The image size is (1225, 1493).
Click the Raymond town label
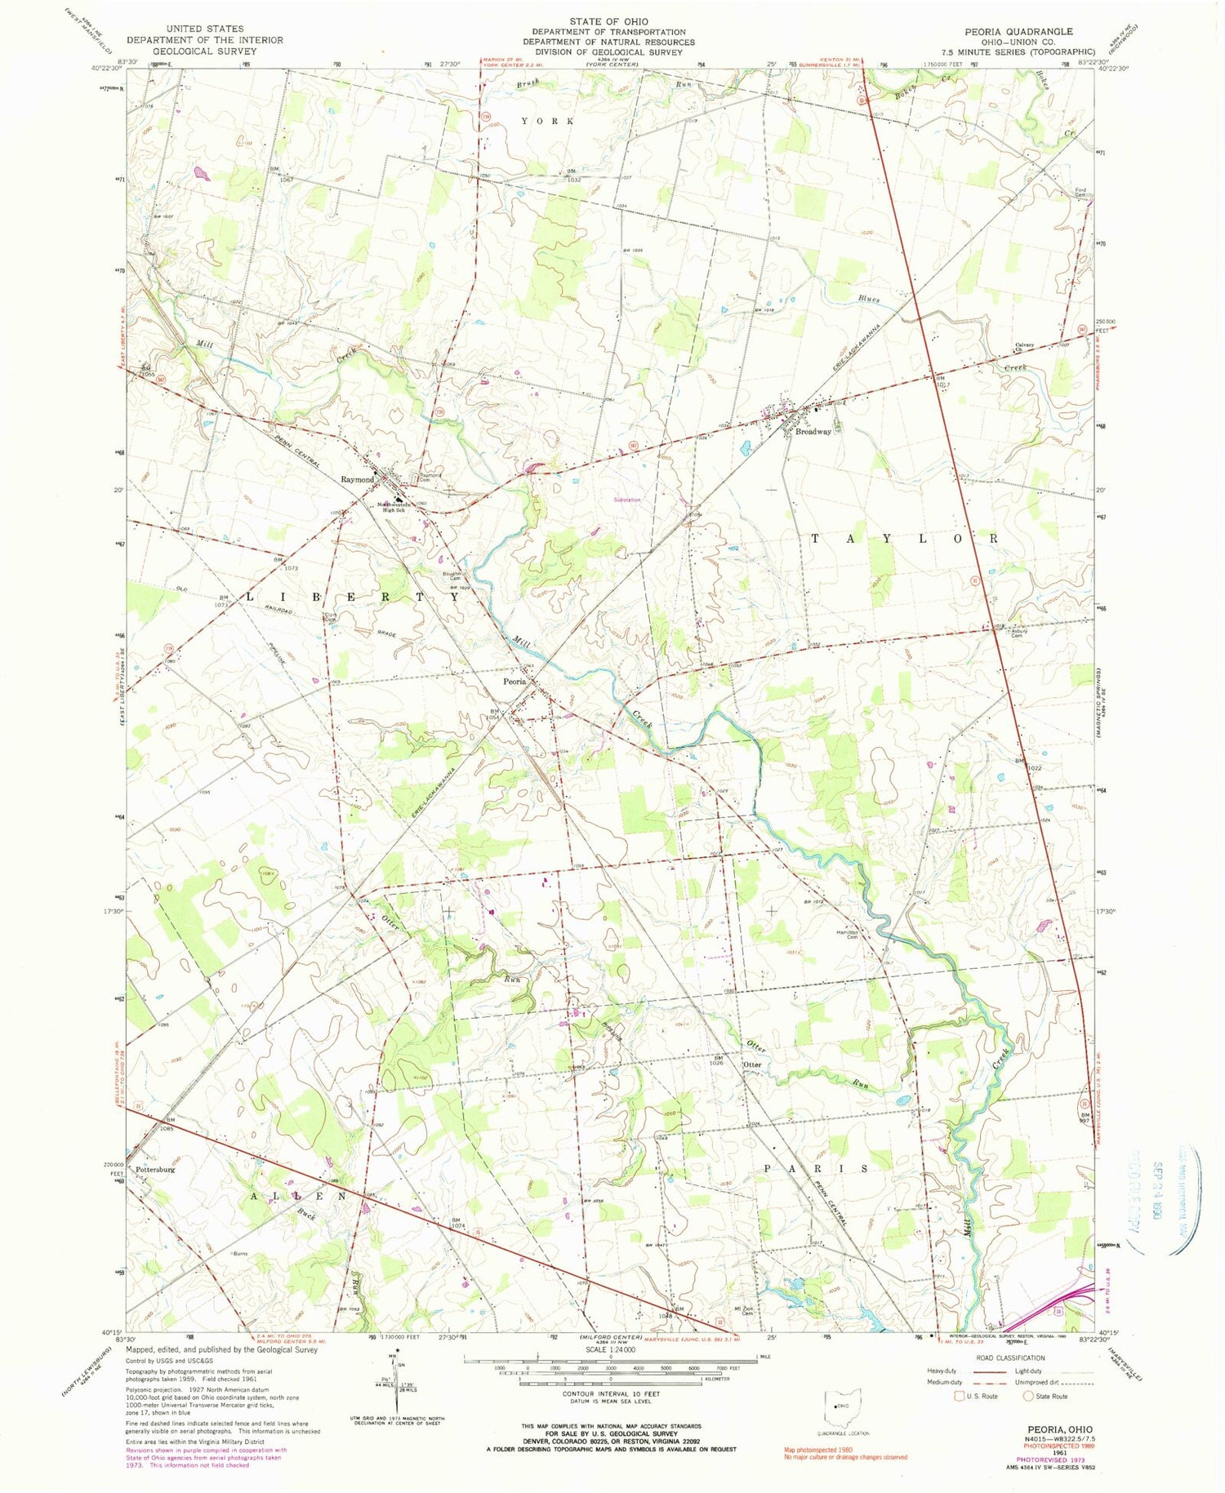pyautogui.click(x=357, y=479)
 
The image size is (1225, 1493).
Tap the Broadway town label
pyautogui.click(x=813, y=432)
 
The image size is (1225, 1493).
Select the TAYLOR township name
pyautogui.click(x=904, y=539)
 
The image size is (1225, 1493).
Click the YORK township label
pyautogui.click(x=548, y=121)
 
